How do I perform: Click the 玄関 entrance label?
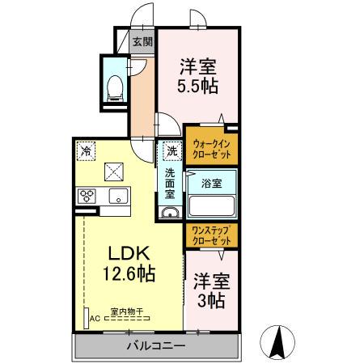click(x=141, y=43)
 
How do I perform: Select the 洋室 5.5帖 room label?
click(x=198, y=74)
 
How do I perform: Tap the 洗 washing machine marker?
click(x=172, y=150)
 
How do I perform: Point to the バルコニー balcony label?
click(x=157, y=345)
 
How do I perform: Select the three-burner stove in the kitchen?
click(x=87, y=197)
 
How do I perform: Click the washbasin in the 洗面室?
click(x=171, y=213)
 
